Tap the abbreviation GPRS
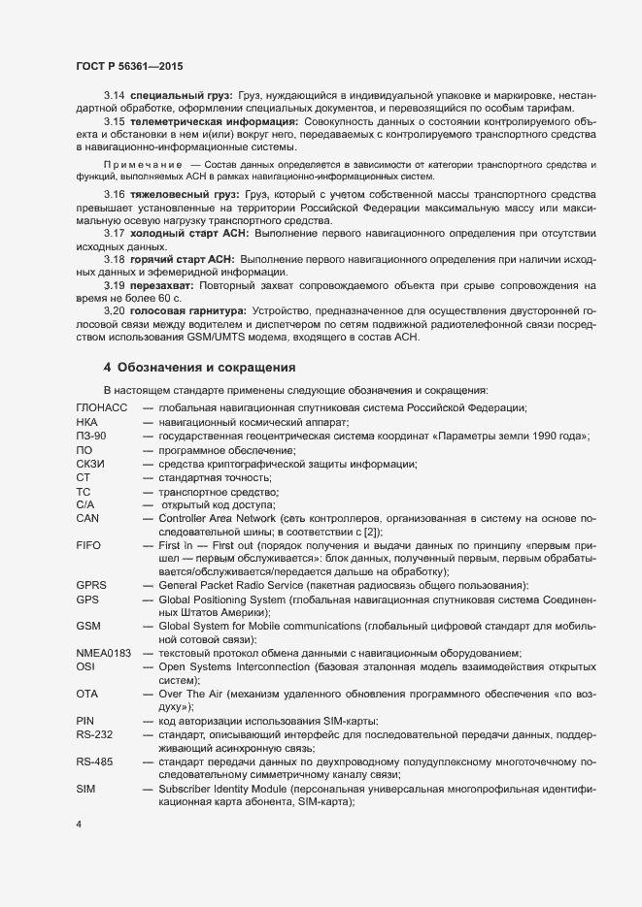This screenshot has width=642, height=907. pyautogui.click(x=91, y=586)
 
